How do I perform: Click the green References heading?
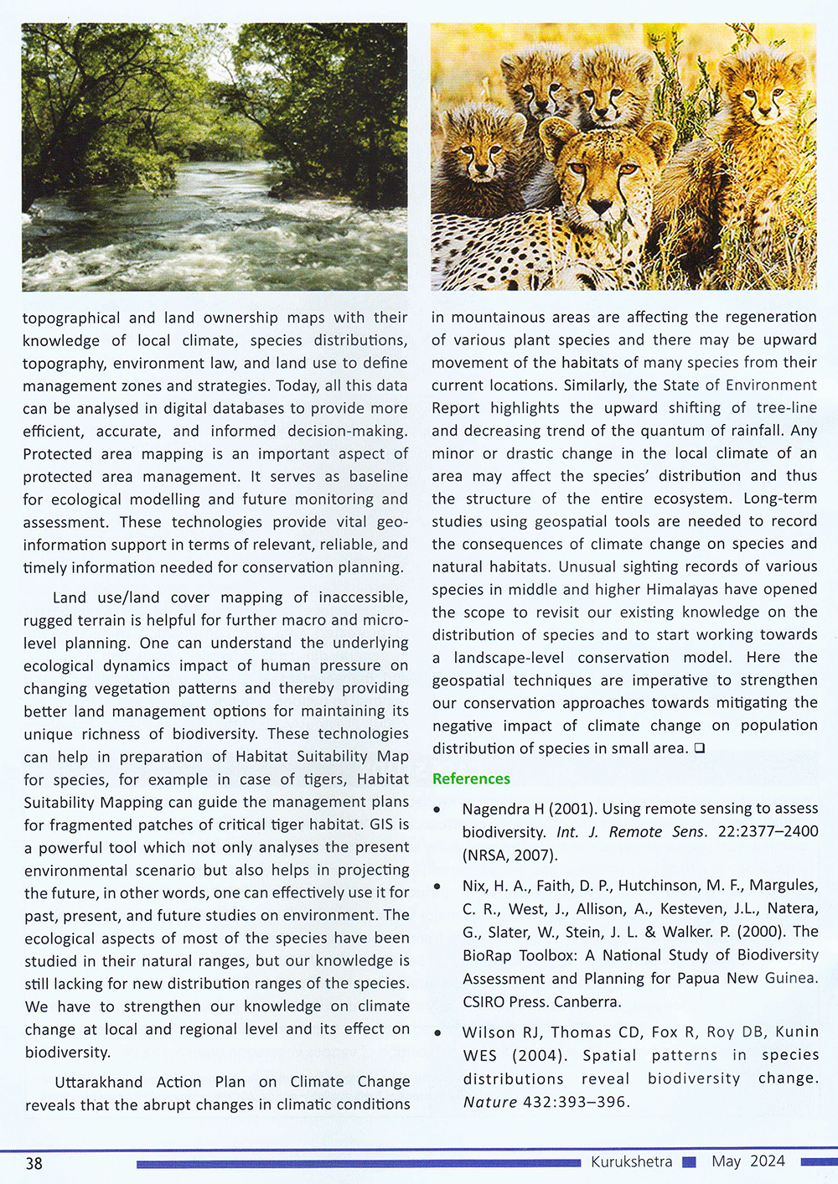click(471, 778)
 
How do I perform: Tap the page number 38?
click(34, 1163)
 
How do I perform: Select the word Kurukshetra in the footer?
click(631, 1161)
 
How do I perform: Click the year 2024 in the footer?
click(768, 1161)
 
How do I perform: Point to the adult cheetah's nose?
click(600, 206)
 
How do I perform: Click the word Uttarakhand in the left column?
click(99, 1082)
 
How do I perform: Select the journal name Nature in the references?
click(489, 1101)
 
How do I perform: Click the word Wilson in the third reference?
click(488, 1032)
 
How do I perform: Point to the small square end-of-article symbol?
click(699, 748)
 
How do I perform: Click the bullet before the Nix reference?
click(437, 887)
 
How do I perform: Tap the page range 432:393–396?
click(575, 1101)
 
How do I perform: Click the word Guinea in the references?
click(790, 978)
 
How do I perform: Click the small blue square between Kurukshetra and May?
click(690, 1161)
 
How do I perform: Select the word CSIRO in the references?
click(486, 1001)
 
